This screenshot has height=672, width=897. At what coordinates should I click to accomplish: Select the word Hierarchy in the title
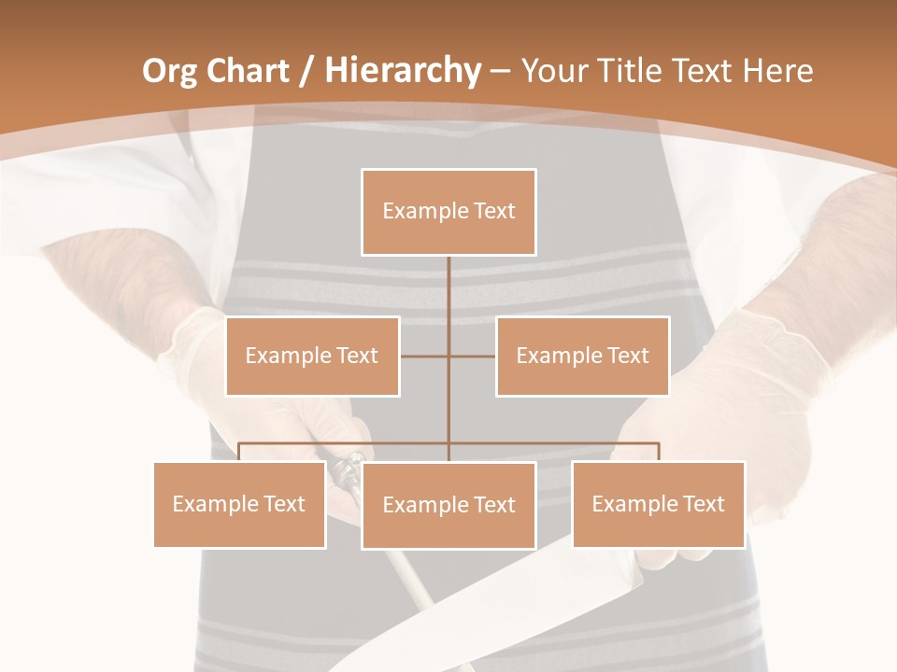pyautogui.click(x=403, y=72)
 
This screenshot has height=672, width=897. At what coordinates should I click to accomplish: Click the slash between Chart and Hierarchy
pyautogui.click(x=306, y=72)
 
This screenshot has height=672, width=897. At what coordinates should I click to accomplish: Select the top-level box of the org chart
pyautogui.click(x=448, y=212)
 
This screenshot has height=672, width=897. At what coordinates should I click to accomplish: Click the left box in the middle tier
pyautogui.click(x=312, y=356)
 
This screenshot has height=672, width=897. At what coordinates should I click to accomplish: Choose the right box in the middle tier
pyautogui.click(x=582, y=356)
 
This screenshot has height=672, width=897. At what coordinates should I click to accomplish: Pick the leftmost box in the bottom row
pyautogui.click(x=239, y=504)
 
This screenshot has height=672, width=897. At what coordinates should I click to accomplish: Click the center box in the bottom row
pyautogui.click(x=448, y=505)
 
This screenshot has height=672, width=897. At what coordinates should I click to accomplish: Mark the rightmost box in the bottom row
pyautogui.click(x=658, y=504)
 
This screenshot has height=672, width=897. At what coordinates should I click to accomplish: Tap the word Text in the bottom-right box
pyautogui.click(x=702, y=504)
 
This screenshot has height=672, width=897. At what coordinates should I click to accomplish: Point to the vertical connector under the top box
pyautogui.click(x=448, y=299)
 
